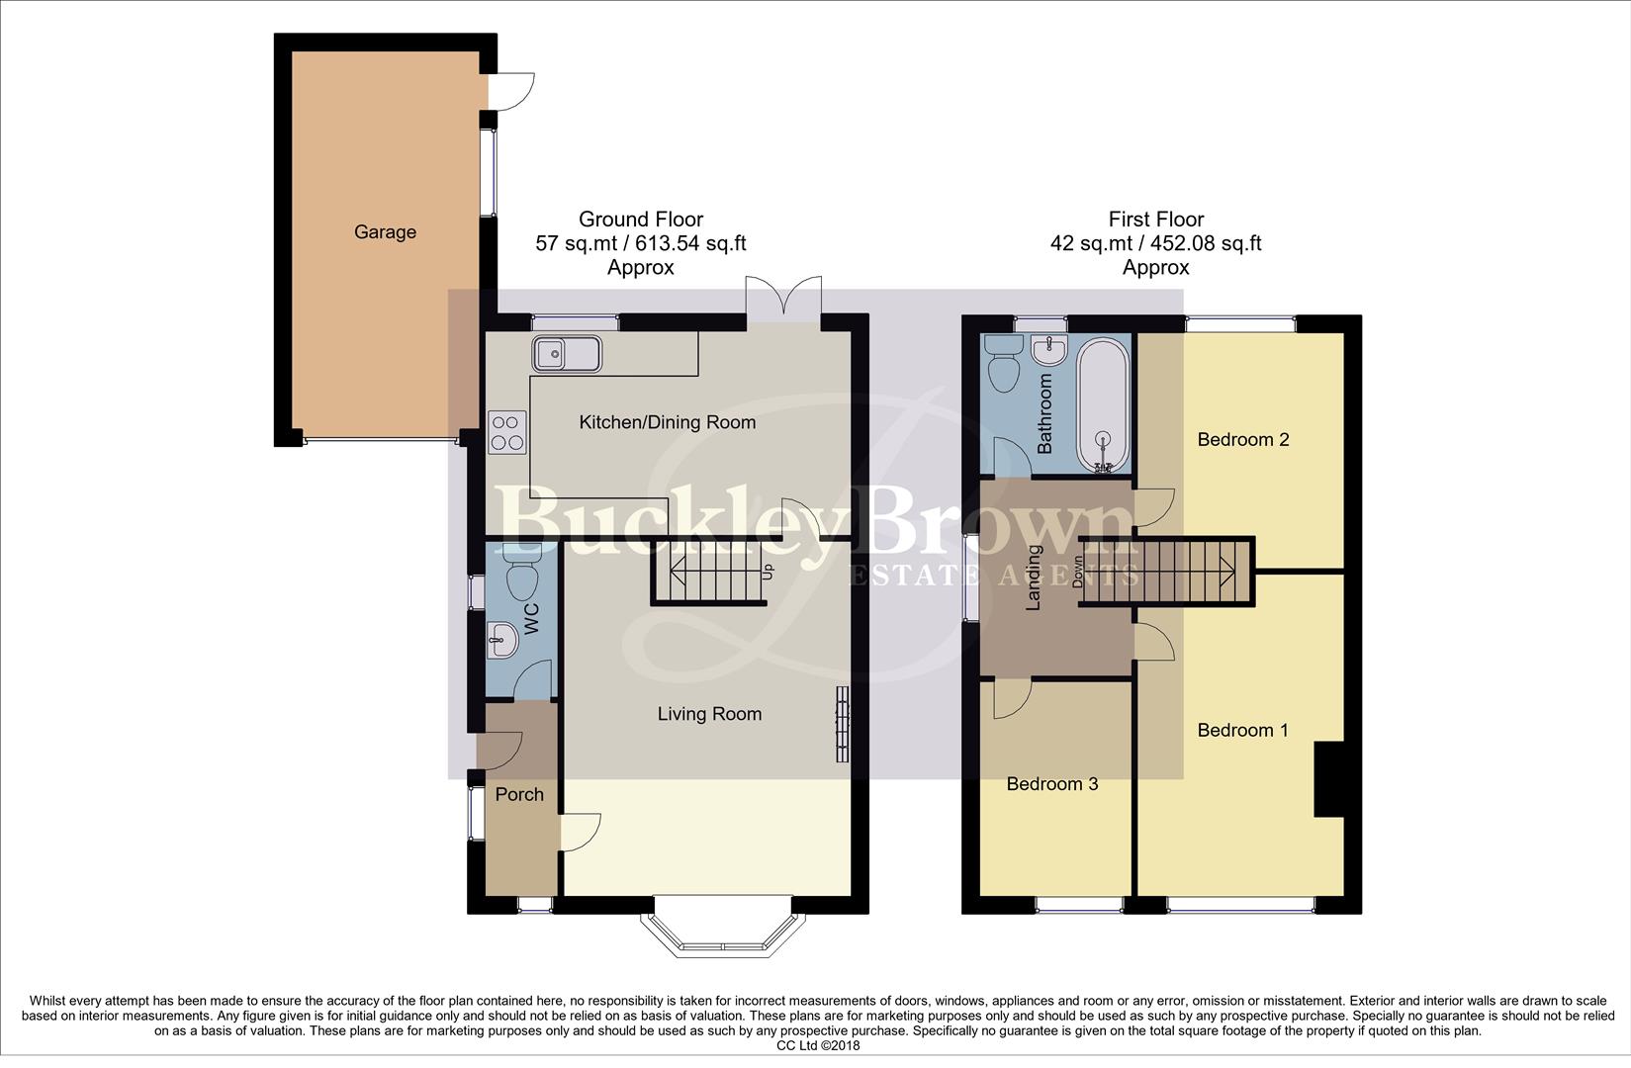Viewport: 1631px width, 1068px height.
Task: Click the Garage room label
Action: (385, 232)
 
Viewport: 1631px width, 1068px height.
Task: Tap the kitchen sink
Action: (566, 353)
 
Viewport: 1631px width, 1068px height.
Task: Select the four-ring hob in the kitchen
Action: (506, 431)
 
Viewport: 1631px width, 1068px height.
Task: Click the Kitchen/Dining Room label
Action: (667, 422)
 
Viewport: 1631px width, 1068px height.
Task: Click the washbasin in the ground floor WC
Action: (503, 640)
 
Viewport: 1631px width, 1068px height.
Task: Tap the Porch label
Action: (519, 794)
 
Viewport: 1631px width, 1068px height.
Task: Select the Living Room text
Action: (709, 714)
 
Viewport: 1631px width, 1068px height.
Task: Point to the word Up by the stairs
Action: (768, 572)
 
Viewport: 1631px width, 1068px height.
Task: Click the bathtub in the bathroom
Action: (1103, 406)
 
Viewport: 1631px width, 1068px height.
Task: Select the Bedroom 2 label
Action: (1242, 439)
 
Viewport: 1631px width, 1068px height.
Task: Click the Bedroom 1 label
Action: (1242, 731)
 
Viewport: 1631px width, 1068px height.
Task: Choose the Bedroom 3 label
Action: (1051, 784)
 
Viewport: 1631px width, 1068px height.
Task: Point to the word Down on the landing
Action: (1078, 573)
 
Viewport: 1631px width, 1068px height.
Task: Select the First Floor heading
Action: (1155, 220)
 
